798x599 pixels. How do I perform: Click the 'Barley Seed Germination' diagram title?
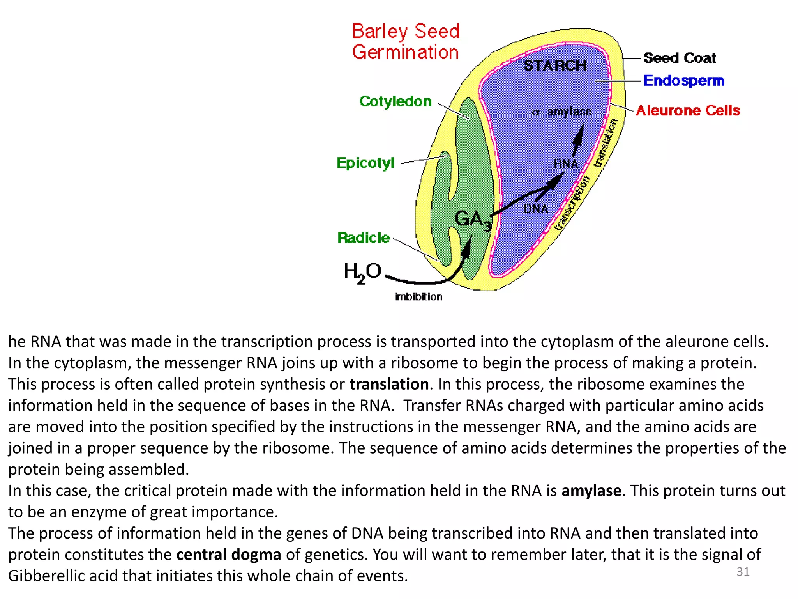(406, 42)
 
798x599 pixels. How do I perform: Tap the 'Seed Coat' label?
(680, 58)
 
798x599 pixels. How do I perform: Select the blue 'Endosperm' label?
(684, 81)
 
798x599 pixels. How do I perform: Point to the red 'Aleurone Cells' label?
(688, 111)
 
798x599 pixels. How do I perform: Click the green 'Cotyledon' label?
(395, 101)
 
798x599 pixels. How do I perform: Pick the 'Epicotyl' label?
(365, 163)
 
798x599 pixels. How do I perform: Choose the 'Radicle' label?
(364, 238)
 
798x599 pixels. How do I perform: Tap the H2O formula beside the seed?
(362, 272)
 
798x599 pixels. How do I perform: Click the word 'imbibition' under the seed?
(419, 297)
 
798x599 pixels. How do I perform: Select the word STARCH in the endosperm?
(555, 66)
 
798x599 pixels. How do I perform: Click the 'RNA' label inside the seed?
(566, 163)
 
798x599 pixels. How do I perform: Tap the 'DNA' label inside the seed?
(536, 209)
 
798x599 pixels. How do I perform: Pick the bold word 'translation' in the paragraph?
(389, 385)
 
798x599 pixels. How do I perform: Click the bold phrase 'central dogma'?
(229, 555)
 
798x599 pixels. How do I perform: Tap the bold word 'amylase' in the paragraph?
(591, 491)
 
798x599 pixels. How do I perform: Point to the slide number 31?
(743, 572)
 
